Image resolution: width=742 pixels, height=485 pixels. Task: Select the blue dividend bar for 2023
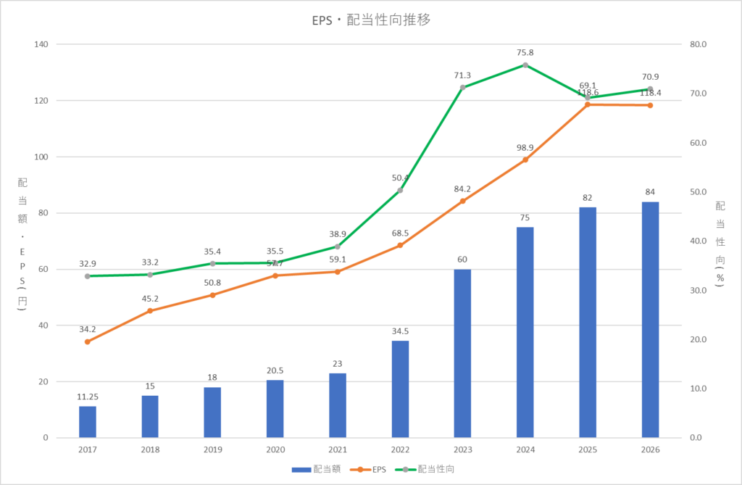pos(462,353)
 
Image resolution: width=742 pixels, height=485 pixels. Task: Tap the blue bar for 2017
pos(88,421)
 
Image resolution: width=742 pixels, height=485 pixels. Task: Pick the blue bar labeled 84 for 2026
pos(650,320)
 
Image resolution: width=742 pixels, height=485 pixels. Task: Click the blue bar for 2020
pos(275,408)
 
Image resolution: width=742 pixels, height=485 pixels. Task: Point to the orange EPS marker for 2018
pos(150,311)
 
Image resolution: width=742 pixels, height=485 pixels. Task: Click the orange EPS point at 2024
pos(525,159)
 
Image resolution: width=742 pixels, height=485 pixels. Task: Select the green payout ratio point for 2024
pos(525,65)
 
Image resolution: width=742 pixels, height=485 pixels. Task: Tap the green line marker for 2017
pos(88,276)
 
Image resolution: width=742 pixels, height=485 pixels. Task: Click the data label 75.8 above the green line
pos(525,52)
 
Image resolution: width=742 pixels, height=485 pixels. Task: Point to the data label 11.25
pos(88,397)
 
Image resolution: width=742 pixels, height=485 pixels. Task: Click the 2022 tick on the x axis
pos(400,449)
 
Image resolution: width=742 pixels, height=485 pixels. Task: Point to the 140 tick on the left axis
pos(41,44)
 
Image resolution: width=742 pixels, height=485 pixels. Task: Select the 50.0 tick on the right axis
pos(697,192)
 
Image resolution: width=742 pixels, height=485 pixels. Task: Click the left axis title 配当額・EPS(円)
pos(21,243)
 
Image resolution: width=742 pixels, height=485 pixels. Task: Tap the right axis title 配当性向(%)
pos(720,243)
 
